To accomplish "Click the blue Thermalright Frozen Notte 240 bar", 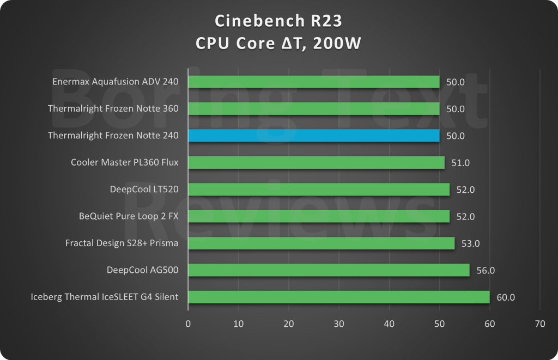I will pos(313,136).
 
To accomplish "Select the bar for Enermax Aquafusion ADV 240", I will pos(313,82).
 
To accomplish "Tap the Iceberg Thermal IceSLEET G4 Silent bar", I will pos(338,297).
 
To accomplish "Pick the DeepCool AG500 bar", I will pos(329,270).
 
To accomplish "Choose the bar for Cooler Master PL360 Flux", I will pos(316,162).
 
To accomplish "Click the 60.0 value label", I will pos(505,297).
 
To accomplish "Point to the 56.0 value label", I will pos(485,270).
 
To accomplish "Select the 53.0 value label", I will pos(470,243).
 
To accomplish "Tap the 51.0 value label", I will pos(460,163).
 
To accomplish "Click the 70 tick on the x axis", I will pos(539,324).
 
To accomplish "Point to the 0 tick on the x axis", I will pos(188,324).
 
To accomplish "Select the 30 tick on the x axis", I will pos(339,324).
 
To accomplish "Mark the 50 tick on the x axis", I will pos(439,324).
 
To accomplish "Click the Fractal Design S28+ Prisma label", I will pos(122,243).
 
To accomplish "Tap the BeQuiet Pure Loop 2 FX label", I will pos(129,216).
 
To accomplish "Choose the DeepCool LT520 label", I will pos(144,190).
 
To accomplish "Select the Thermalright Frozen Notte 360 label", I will pos(113,108).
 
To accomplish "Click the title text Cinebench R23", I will pos(278,21).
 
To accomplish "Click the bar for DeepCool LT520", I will pos(319,190).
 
